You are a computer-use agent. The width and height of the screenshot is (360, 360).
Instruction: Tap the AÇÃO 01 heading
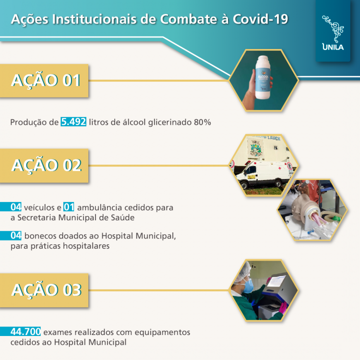(46, 80)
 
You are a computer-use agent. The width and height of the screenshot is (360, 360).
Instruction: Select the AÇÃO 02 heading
(46, 165)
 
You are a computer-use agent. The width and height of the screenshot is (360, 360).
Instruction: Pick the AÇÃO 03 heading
(46, 290)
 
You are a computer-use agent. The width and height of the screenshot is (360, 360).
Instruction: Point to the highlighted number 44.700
(26, 332)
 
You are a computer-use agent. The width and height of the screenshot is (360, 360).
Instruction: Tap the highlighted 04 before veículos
(16, 208)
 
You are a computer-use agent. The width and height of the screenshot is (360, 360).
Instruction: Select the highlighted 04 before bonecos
(16, 236)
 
